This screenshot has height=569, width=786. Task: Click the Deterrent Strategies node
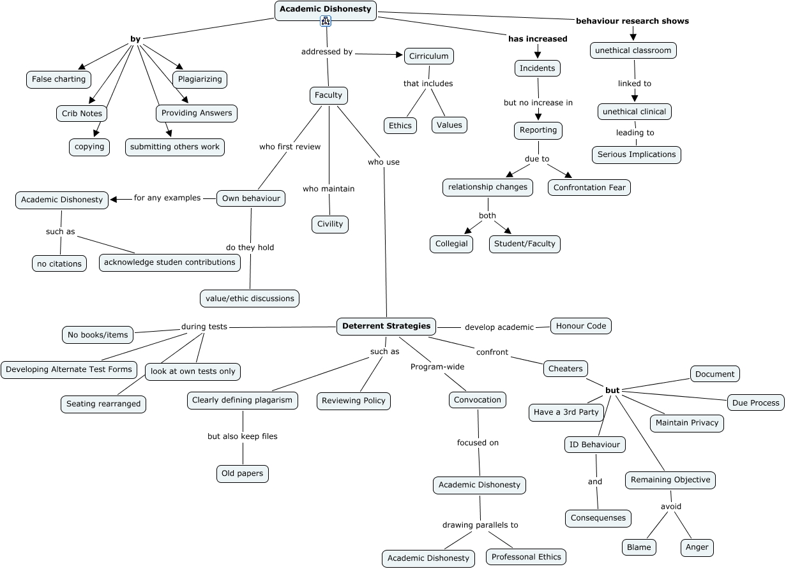386,326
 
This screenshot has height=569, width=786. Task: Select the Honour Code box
580,326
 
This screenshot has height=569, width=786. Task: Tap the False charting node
59,80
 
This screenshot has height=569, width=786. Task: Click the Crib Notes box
82,114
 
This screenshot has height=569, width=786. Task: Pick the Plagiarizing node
200,79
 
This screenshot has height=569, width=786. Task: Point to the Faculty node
328,95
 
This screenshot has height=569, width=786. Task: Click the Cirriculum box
429,56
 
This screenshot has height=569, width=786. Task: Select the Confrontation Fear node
589,188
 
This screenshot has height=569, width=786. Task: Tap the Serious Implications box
637,154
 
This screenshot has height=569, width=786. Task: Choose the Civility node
330,224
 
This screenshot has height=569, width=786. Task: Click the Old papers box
242,473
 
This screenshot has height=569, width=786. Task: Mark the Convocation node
478,400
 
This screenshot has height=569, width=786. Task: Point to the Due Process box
756,403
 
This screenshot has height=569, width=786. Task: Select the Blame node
639,547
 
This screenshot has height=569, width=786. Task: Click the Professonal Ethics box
526,557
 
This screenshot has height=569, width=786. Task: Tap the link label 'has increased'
538,39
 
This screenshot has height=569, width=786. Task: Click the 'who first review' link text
290,147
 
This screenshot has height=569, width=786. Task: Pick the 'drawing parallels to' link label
480,525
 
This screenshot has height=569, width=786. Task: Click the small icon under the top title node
326,22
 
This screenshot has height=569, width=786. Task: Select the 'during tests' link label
204,327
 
